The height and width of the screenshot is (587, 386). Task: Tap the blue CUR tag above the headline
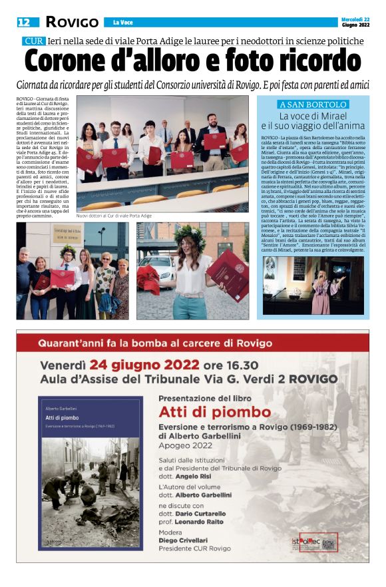33,41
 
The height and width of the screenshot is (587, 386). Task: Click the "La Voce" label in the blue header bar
124,23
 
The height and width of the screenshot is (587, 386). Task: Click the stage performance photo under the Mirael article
313,286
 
